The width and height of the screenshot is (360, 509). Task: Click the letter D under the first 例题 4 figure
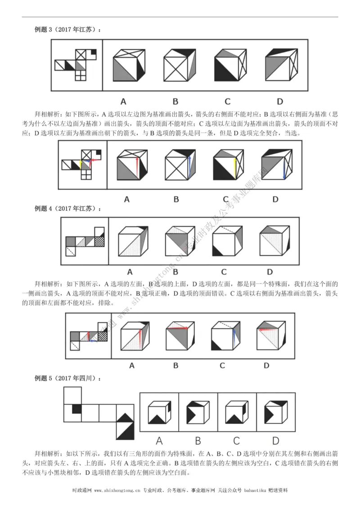click(270, 272)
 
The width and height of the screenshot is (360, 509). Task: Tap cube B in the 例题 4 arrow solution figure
click(177, 335)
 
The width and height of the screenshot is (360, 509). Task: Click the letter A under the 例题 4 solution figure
click(131, 366)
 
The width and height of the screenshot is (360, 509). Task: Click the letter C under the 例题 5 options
click(237, 441)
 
